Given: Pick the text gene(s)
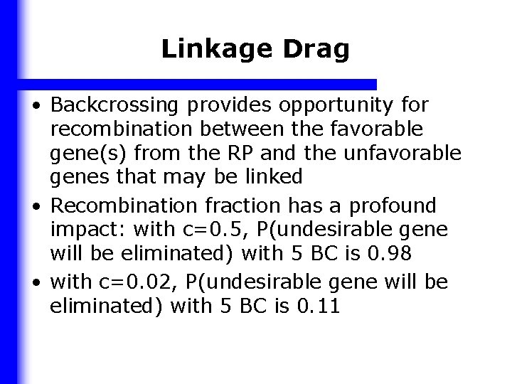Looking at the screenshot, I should point(85,152).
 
